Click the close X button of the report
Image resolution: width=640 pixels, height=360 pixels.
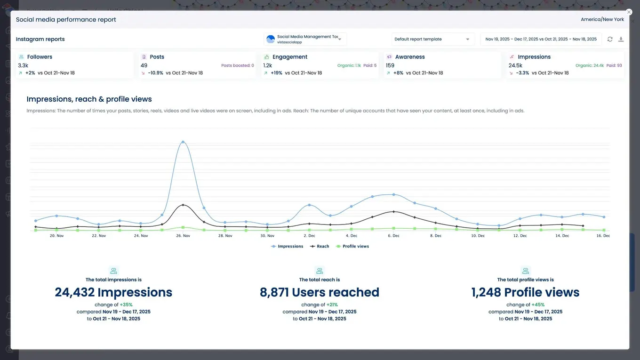tap(629, 12)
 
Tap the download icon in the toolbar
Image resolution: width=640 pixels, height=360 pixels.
tap(621, 39)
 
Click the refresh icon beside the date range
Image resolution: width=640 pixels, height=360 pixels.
tap(610, 39)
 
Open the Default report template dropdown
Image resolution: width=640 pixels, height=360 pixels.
tap(431, 39)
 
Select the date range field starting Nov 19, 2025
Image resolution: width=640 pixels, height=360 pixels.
tap(541, 39)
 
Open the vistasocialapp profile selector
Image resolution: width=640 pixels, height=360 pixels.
tap(305, 39)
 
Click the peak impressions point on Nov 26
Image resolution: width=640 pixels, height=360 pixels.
tap(183, 142)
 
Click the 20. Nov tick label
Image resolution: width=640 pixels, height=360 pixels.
tap(56, 236)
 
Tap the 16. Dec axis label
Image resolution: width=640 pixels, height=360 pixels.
tap(603, 236)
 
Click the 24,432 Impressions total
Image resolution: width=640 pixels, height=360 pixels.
tap(113, 292)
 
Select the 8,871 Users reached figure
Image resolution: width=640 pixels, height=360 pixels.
tap(320, 292)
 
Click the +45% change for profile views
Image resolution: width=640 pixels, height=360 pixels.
tap(538, 305)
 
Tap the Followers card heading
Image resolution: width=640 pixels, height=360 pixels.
tap(40, 57)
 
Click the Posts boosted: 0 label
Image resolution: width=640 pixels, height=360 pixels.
tap(237, 65)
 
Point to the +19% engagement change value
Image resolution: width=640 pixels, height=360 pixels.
tap(276, 73)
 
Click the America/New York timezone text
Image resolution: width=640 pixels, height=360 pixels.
tap(602, 19)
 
